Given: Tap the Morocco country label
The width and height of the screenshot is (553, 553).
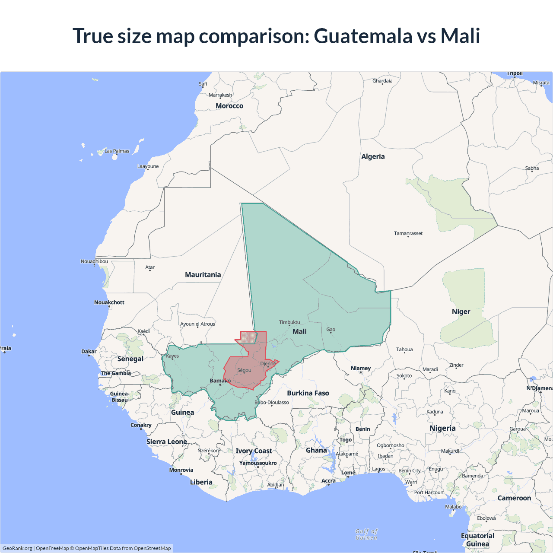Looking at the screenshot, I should tap(229, 106).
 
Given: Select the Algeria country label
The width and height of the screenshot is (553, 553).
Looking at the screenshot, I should tap(373, 156).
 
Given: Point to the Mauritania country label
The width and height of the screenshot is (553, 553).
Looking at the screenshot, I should tap(203, 275).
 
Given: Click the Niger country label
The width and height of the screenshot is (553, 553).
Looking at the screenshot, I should tap(461, 311).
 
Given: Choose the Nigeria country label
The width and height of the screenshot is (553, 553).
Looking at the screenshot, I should tap(442, 428).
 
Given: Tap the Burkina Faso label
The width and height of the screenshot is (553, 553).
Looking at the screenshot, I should tap(308, 393).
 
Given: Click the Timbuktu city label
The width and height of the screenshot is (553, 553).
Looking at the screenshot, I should tap(289, 322).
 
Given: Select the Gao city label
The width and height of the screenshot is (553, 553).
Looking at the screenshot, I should tap(331, 330).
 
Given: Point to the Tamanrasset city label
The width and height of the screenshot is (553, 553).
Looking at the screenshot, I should tap(408, 233).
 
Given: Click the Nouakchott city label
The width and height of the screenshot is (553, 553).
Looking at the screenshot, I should tap(109, 302).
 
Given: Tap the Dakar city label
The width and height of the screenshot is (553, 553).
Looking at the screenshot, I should tap(89, 351).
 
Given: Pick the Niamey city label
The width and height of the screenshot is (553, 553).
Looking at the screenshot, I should tap(361, 368).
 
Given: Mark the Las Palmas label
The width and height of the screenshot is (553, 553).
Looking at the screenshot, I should tap(117, 151).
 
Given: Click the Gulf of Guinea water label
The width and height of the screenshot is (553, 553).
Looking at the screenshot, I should tap(366, 534).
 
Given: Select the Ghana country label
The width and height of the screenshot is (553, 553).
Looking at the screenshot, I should tap(316, 450).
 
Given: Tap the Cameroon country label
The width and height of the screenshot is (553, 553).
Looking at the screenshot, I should tap(514, 498).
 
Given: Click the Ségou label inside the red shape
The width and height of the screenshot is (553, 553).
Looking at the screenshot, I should tap(244, 370).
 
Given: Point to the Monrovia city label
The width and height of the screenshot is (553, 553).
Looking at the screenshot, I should tap(181, 470).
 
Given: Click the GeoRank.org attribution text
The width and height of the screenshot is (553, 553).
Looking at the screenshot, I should tap(17, 548).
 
